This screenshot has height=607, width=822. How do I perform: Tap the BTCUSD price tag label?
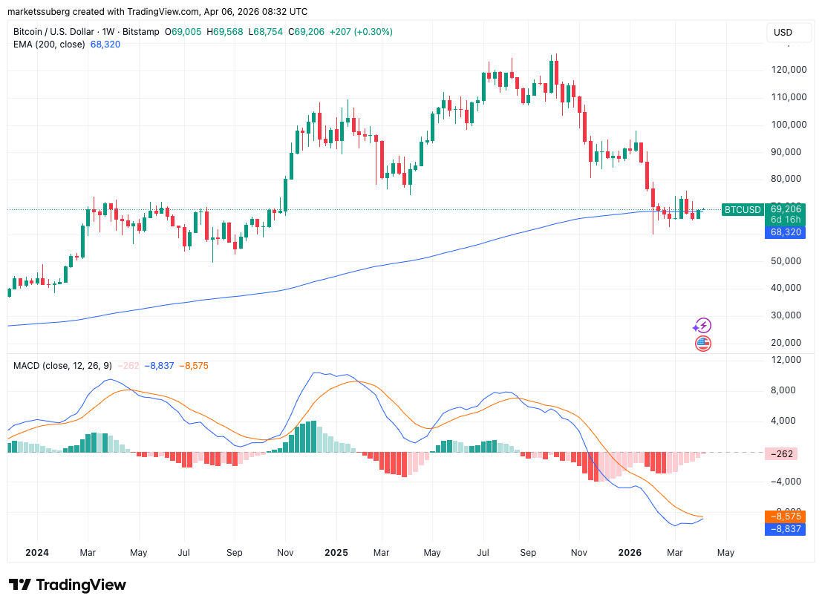742,209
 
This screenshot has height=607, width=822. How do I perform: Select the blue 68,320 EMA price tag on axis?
786,232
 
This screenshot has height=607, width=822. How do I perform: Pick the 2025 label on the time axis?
336,553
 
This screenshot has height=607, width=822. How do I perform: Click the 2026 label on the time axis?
630,553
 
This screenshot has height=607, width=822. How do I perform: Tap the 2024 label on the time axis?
37,553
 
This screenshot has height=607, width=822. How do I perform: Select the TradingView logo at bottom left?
68,585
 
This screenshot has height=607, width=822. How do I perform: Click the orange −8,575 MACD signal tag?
785,516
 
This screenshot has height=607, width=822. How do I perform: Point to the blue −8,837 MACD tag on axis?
785,529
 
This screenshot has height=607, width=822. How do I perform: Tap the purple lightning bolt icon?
702,325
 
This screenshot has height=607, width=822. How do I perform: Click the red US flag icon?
702,343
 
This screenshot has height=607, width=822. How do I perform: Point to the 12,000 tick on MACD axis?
786,360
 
